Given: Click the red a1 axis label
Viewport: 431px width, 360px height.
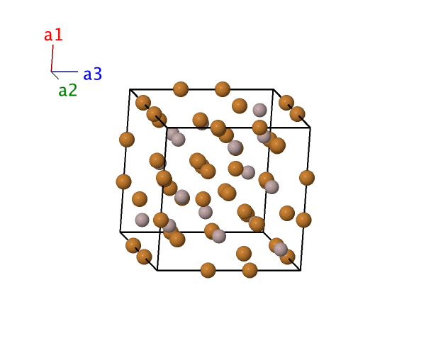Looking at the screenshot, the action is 53,35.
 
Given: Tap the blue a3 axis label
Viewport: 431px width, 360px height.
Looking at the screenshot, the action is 93,74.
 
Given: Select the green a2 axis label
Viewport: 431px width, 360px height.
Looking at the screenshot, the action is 68,90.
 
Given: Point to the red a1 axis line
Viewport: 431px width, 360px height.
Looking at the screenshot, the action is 52,57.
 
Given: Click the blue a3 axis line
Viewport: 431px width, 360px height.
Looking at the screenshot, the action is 65,72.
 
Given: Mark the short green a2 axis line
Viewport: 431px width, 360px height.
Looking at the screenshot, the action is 55,75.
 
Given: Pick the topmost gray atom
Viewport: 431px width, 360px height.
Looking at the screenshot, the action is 259,111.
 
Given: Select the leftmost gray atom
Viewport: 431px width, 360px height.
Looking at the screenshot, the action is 142,220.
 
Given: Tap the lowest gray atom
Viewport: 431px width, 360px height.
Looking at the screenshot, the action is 281,249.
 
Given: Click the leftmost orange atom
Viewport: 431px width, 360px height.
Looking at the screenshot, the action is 123,181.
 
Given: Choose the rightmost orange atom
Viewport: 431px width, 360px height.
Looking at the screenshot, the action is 307,178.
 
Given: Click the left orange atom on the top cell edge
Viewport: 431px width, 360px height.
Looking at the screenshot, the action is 181,89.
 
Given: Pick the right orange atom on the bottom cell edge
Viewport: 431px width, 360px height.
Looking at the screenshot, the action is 250,270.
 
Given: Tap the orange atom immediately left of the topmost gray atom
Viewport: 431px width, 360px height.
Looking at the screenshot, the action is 240,106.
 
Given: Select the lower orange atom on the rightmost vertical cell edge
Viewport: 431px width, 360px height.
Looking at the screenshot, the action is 303,220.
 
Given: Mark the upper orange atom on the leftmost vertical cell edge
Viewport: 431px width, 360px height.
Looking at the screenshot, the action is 127,140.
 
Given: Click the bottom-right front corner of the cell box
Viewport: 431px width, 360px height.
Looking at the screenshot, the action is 301,271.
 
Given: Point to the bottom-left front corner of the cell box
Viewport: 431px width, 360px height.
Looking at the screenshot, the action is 157,271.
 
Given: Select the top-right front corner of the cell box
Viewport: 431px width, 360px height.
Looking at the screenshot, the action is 310,128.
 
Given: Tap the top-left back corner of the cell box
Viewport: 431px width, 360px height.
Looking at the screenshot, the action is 130,89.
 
